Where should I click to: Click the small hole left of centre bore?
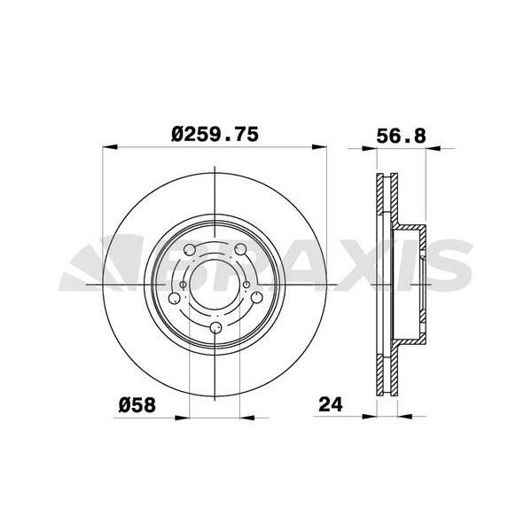click(182, 285)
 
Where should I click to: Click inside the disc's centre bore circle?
click(216, 285)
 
